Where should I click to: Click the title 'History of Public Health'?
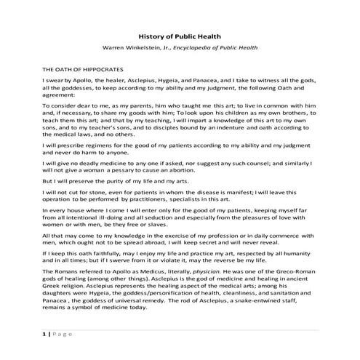point(180,36)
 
